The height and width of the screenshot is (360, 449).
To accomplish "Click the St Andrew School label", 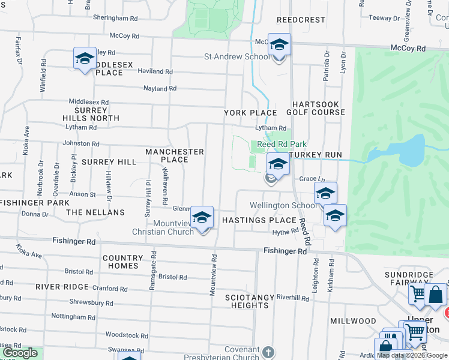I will coord(237,57).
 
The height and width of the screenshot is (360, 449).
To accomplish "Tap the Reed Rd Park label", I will coord(282,144).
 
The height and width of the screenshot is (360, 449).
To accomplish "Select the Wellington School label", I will coord(283,205).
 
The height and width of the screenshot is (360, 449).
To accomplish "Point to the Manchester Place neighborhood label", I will coord(175,155).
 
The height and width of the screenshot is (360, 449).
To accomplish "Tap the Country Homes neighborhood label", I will coord(123,262).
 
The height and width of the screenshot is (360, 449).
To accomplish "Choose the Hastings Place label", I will coord(259,220).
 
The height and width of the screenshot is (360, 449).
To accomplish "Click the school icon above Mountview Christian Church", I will coord(202,217).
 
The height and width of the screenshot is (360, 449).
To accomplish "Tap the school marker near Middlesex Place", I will coord(85,59).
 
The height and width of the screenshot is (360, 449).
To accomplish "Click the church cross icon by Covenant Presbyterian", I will coord(268,352).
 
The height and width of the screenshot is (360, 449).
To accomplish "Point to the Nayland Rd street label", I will coord(160,88).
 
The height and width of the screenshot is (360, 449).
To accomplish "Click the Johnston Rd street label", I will coord(81,143).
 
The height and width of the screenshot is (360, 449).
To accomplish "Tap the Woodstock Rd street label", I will coord(127,335).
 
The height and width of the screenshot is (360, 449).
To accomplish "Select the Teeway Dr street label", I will coord(380,17).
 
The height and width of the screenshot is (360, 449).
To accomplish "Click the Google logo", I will coord(19,353).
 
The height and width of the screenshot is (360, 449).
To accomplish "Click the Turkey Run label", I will coord(316,155).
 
